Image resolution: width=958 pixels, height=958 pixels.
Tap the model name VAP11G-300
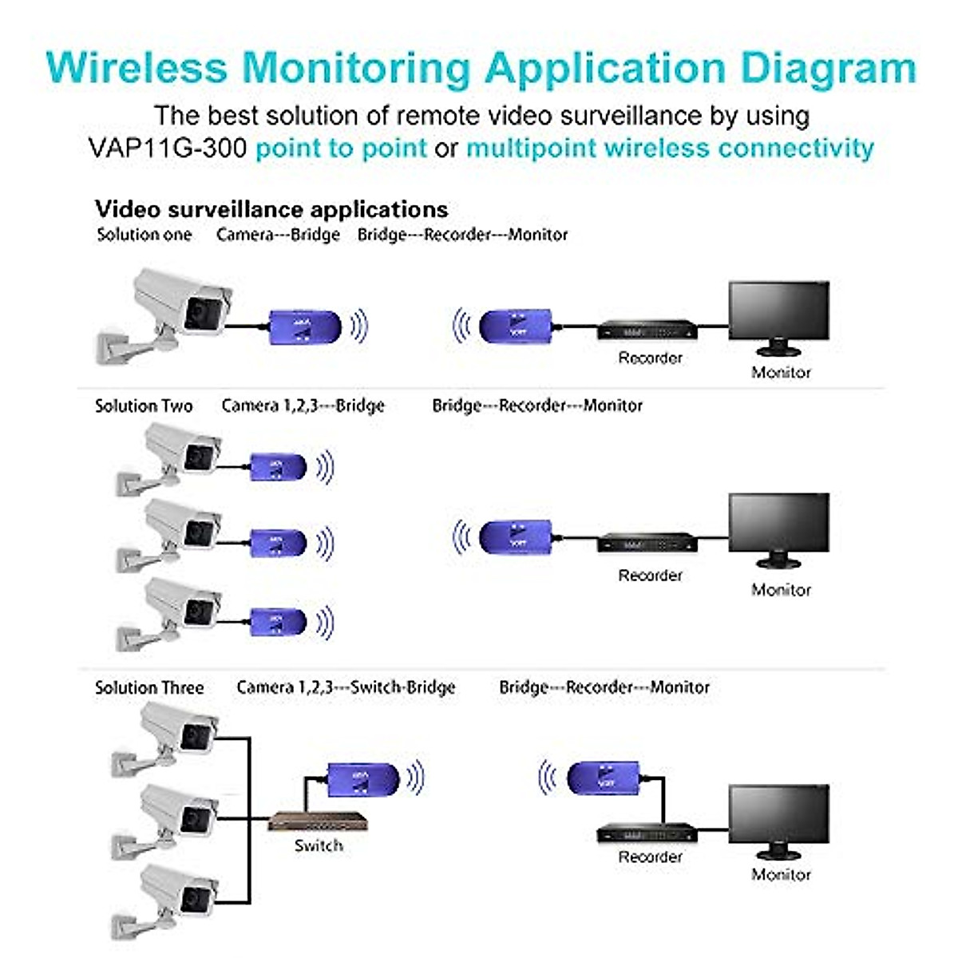(x=168, y=148)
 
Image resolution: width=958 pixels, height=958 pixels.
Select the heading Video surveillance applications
(x=271, y=209)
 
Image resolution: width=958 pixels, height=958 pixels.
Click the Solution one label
(x=144, y=235)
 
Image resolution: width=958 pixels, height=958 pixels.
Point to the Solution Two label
(x=144, y=406)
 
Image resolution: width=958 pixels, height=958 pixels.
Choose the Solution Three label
(x=149, y=687)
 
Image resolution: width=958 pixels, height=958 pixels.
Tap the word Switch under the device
(x=319, y=845)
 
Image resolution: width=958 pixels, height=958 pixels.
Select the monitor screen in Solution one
(x=778, y=311)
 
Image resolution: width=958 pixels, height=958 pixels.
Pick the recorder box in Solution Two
(x=647, y=544)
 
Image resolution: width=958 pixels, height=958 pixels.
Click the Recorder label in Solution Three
(x=650, y=857)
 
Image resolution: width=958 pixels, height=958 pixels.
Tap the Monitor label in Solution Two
(x=781, y=590)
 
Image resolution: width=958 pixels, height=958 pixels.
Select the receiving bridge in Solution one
(x=516, y=327)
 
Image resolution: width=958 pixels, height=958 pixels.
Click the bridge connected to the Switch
(x=363, y=778)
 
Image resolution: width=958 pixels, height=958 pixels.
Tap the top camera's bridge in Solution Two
(x=279, y=467)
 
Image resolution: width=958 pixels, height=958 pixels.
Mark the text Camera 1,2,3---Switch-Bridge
(x=346, y=687)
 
